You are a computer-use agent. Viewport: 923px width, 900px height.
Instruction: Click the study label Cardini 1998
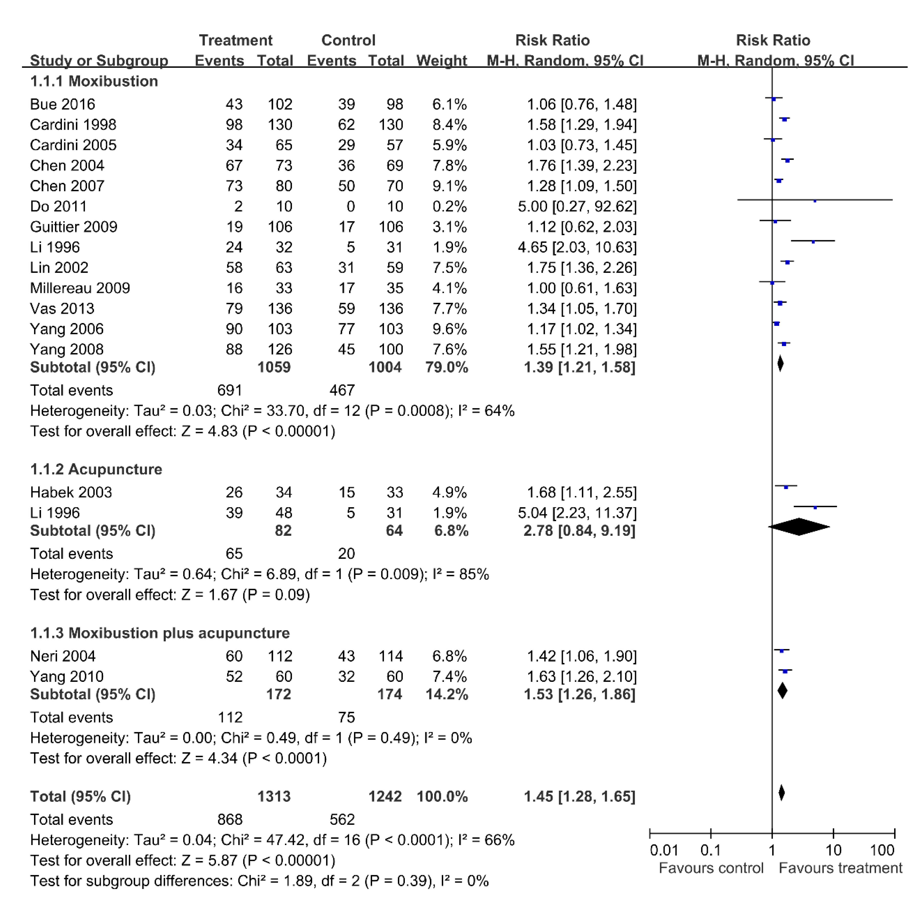coord(73,125)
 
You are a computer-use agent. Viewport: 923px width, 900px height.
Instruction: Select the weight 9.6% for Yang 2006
coord(449,329)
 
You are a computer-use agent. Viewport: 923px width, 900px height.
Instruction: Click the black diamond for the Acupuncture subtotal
coord(799,527)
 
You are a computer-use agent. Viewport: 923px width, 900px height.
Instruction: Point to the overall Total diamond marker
coord(781,793)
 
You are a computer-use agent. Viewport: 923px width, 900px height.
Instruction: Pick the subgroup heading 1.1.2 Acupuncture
coord(96,469)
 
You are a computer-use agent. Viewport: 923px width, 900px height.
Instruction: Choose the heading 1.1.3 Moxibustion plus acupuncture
coord(160,633)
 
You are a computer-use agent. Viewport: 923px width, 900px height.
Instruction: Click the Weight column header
coord(441,61)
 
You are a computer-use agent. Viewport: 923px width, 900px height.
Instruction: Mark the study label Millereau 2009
coord(80,288)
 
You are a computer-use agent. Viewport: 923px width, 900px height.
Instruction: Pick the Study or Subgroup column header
coord(99,61)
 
